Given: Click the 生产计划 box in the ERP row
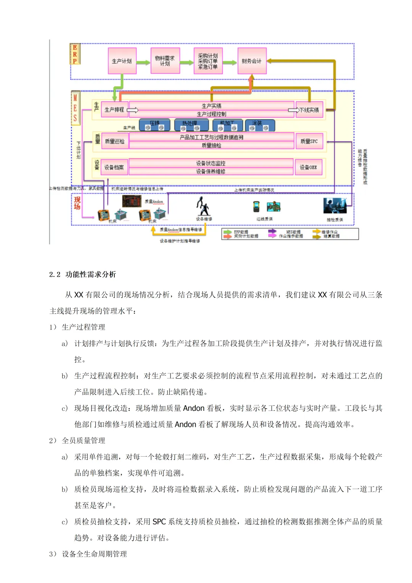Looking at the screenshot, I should [x=122, y=61].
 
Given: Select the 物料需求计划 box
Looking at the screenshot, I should [x=165, y=61].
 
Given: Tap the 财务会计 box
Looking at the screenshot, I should [x=252, y=61].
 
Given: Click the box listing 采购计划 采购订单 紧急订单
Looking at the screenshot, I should [x=208, y=61].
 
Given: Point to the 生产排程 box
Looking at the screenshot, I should [x=114, y=110].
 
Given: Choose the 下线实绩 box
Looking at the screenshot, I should [x=309, y=110].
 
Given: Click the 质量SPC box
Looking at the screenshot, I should [x=309, y=141].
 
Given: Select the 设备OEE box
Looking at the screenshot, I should [x=308, y=167].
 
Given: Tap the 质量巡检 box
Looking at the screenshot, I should [x=114, y=141].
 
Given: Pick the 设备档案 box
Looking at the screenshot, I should [x=114, y=167].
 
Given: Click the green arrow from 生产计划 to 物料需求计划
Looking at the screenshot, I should [x=143, y=62].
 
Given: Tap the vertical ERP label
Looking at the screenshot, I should [x=75, y=54].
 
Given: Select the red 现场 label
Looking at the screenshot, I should [x=77, y=203].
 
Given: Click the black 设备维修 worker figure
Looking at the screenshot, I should [x=203, y=207].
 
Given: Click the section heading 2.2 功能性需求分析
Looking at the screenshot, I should [x=82, y=275].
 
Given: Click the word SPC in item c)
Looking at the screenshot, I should [x=159, y=522].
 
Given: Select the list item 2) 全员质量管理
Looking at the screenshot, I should [x=77, y=441].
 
